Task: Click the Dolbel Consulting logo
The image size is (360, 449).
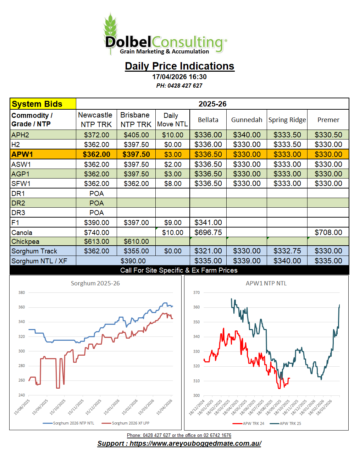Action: [x=165, y=35]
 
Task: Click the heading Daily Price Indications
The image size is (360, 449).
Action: [x=179, y=66]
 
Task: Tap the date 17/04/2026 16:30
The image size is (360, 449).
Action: [x=179, y=77]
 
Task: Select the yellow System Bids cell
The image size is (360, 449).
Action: [x=43, y=104]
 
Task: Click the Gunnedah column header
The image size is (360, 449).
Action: [x=247, y=120]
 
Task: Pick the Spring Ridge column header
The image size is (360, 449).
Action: [x=287, y=120]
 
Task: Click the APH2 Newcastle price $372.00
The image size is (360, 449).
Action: [x=96, y=135]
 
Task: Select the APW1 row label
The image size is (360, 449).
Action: [x=22, y=154]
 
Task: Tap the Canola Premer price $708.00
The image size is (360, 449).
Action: [x=328, y=232]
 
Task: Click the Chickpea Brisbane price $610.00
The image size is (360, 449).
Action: [x=136, y=241]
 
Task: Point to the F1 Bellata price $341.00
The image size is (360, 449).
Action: [x=208, y=223]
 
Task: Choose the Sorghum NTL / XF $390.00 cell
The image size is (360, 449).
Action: [x=133, y=261]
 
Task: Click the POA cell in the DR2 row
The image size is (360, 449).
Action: [x=96, y=203]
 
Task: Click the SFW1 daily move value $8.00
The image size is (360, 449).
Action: [x=173, y=184]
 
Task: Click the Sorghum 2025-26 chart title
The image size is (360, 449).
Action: [x=95, y=283]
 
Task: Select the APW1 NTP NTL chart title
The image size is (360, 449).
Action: [x=266, y=283]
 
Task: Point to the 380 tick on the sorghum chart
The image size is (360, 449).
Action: [x=22, y=293]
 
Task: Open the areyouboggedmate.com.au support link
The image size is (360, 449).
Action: [x=195, y=443]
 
